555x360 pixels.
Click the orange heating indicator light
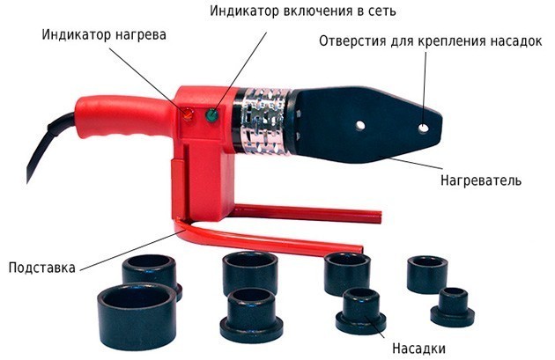click(x=188, y=114)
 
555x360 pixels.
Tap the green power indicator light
click(x=212, y=114)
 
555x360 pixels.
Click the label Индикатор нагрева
click(x=104, y=35)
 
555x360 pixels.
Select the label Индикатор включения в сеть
click(x=303, y=11)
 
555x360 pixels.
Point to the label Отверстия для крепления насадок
click(x=431, y=41)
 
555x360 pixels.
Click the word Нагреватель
click(x=481, y=180)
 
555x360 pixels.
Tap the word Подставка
click(x=42, y=268)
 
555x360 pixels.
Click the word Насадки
click(x=418, y=349)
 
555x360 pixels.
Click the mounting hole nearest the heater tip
click(x=423, y=128)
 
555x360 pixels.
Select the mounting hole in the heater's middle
click(x=360, y=125)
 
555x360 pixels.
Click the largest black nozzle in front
click(x=137, y=316)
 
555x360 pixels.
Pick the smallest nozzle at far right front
click(x=453, y=307)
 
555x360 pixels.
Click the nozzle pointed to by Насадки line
click(x=361, y=312)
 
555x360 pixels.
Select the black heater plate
click(x=368, y=124)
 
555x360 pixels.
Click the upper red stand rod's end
click(x=380, y=217)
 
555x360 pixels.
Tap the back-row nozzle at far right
click(x=427, y=275)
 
